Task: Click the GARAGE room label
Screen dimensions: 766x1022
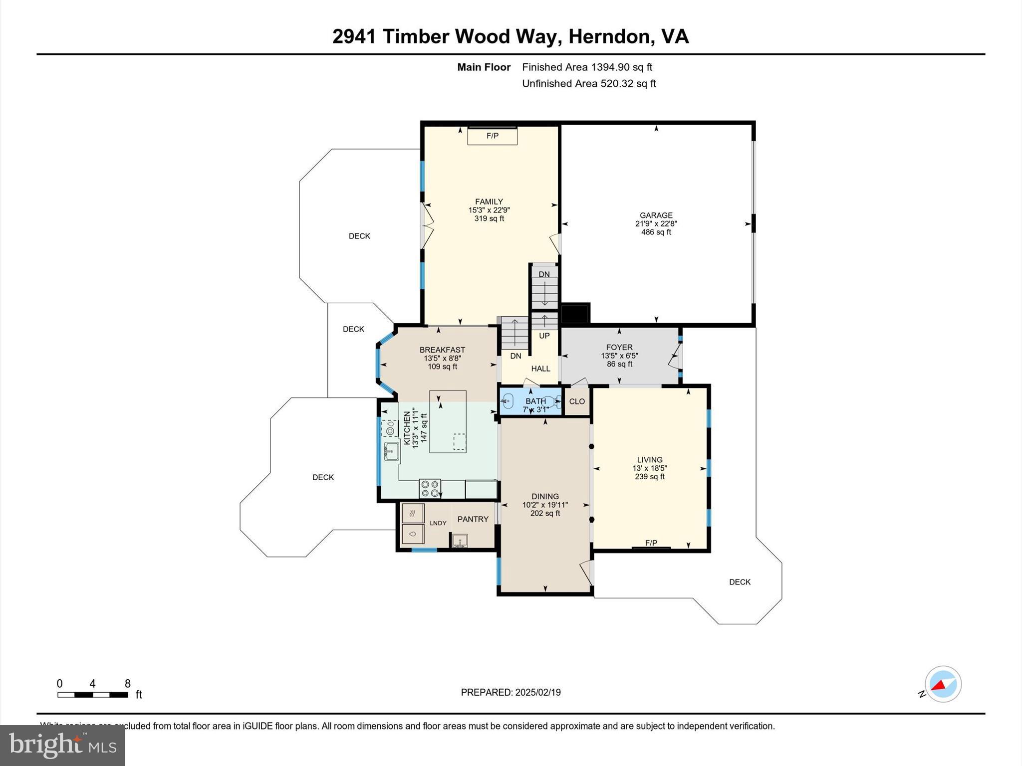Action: pos(656,215)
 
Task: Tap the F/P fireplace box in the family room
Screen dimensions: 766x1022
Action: pos(492,136)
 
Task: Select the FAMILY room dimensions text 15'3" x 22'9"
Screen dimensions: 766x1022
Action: pos(489,210)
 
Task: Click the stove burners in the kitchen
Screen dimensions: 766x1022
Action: pos(430,488)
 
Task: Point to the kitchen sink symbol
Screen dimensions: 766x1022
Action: pos(391,452)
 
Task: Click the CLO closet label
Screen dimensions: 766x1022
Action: pos(577,401)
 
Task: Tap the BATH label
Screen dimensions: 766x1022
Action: pos(535,401)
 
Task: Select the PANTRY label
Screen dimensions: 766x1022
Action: pos(473,519)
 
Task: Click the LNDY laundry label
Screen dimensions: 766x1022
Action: pos(438,523)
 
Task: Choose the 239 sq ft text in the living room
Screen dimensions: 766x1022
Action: pos(650,477)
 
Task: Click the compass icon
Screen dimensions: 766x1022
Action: pos(943,684)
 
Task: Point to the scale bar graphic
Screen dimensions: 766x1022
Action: pos(93,695)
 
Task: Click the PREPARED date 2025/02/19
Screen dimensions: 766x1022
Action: pos(538,692)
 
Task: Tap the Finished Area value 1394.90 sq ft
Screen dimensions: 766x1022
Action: pos(621,67)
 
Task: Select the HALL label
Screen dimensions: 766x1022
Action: pos(540,369)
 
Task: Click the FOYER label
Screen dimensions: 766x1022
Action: pos(619,347)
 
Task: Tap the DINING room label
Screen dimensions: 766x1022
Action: pos(545,496)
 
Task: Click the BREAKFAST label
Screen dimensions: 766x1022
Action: pos(442,350)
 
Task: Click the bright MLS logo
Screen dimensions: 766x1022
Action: pos(62,745)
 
